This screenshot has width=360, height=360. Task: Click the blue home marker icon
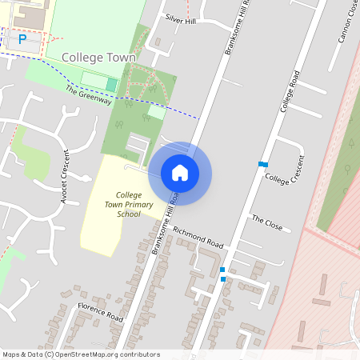tap(180, 173)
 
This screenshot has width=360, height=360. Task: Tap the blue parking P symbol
tap(22, 38)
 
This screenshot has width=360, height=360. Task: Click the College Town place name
tap(98, 58)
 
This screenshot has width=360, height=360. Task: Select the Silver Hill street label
tap(180, 20)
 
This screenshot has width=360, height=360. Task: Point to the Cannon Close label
tap(346, 24)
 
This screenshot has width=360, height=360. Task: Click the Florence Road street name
tap(100, 312)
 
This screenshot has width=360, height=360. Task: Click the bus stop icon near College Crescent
tap(262, 164)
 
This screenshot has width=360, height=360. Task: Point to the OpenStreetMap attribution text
tap(82, 354)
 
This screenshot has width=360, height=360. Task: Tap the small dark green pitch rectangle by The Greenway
tap(111, 84)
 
